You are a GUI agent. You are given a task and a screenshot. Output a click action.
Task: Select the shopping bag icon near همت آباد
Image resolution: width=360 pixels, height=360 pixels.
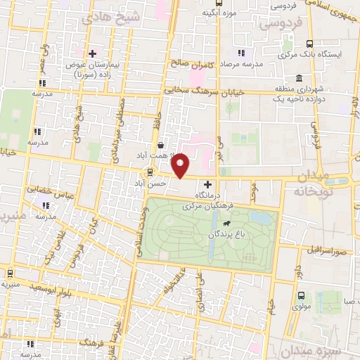click(163, 145)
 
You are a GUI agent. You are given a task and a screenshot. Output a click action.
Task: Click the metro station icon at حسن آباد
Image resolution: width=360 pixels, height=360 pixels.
click(150, 172)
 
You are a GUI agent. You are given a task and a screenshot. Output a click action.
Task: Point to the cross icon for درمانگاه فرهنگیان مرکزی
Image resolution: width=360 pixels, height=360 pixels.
click(207, 184)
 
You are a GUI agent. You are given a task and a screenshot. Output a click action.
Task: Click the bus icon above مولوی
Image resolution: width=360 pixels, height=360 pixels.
click(302, 296)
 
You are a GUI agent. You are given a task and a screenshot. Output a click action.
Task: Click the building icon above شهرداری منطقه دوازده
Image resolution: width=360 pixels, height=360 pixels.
click(300, 77)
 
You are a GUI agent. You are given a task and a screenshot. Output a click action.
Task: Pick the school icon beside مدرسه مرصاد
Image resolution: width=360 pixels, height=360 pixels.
click(241, 53)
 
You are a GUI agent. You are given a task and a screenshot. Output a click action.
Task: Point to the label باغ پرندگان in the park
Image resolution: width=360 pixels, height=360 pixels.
click(226, 236)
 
